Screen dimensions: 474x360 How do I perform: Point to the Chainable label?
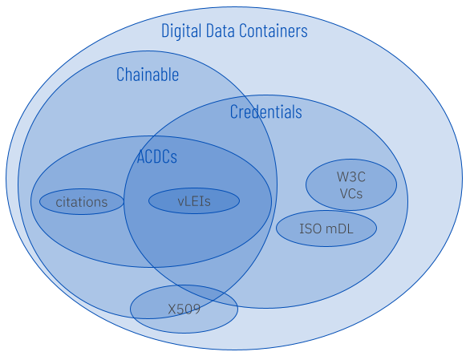pos(148,75)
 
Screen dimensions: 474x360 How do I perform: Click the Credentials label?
pos(266,111)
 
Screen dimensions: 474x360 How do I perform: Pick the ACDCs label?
pos(157,156)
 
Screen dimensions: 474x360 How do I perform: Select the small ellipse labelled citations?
pos(82,201)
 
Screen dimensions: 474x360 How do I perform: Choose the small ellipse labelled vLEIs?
pos(194,201)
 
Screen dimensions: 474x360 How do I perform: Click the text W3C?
pos(351,177)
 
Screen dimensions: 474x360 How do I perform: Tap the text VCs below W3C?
pos(351,194)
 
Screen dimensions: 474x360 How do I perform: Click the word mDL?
pos(339,229)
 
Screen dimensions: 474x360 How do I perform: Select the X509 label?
pos(184,309)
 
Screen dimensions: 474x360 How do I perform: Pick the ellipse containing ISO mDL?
pos(326,229)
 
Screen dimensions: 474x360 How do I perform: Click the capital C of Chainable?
pos(120,75)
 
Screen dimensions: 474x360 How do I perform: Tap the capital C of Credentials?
pos(234,111)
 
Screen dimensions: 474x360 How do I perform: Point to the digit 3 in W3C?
pos(352,177)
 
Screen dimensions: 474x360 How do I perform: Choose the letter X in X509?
pos(172,309)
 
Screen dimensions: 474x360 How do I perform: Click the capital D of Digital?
pos(165,30)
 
